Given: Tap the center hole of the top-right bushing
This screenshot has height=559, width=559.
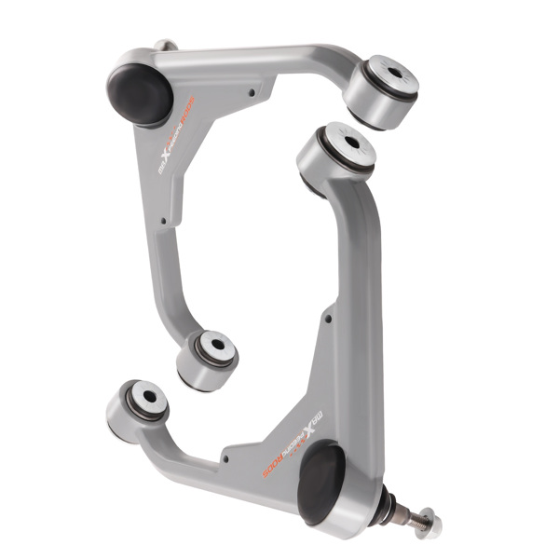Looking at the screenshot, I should [391, 73].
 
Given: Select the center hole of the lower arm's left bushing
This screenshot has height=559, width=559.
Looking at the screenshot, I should [148, 397].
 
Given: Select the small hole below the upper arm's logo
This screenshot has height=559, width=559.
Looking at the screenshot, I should [166, 221].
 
